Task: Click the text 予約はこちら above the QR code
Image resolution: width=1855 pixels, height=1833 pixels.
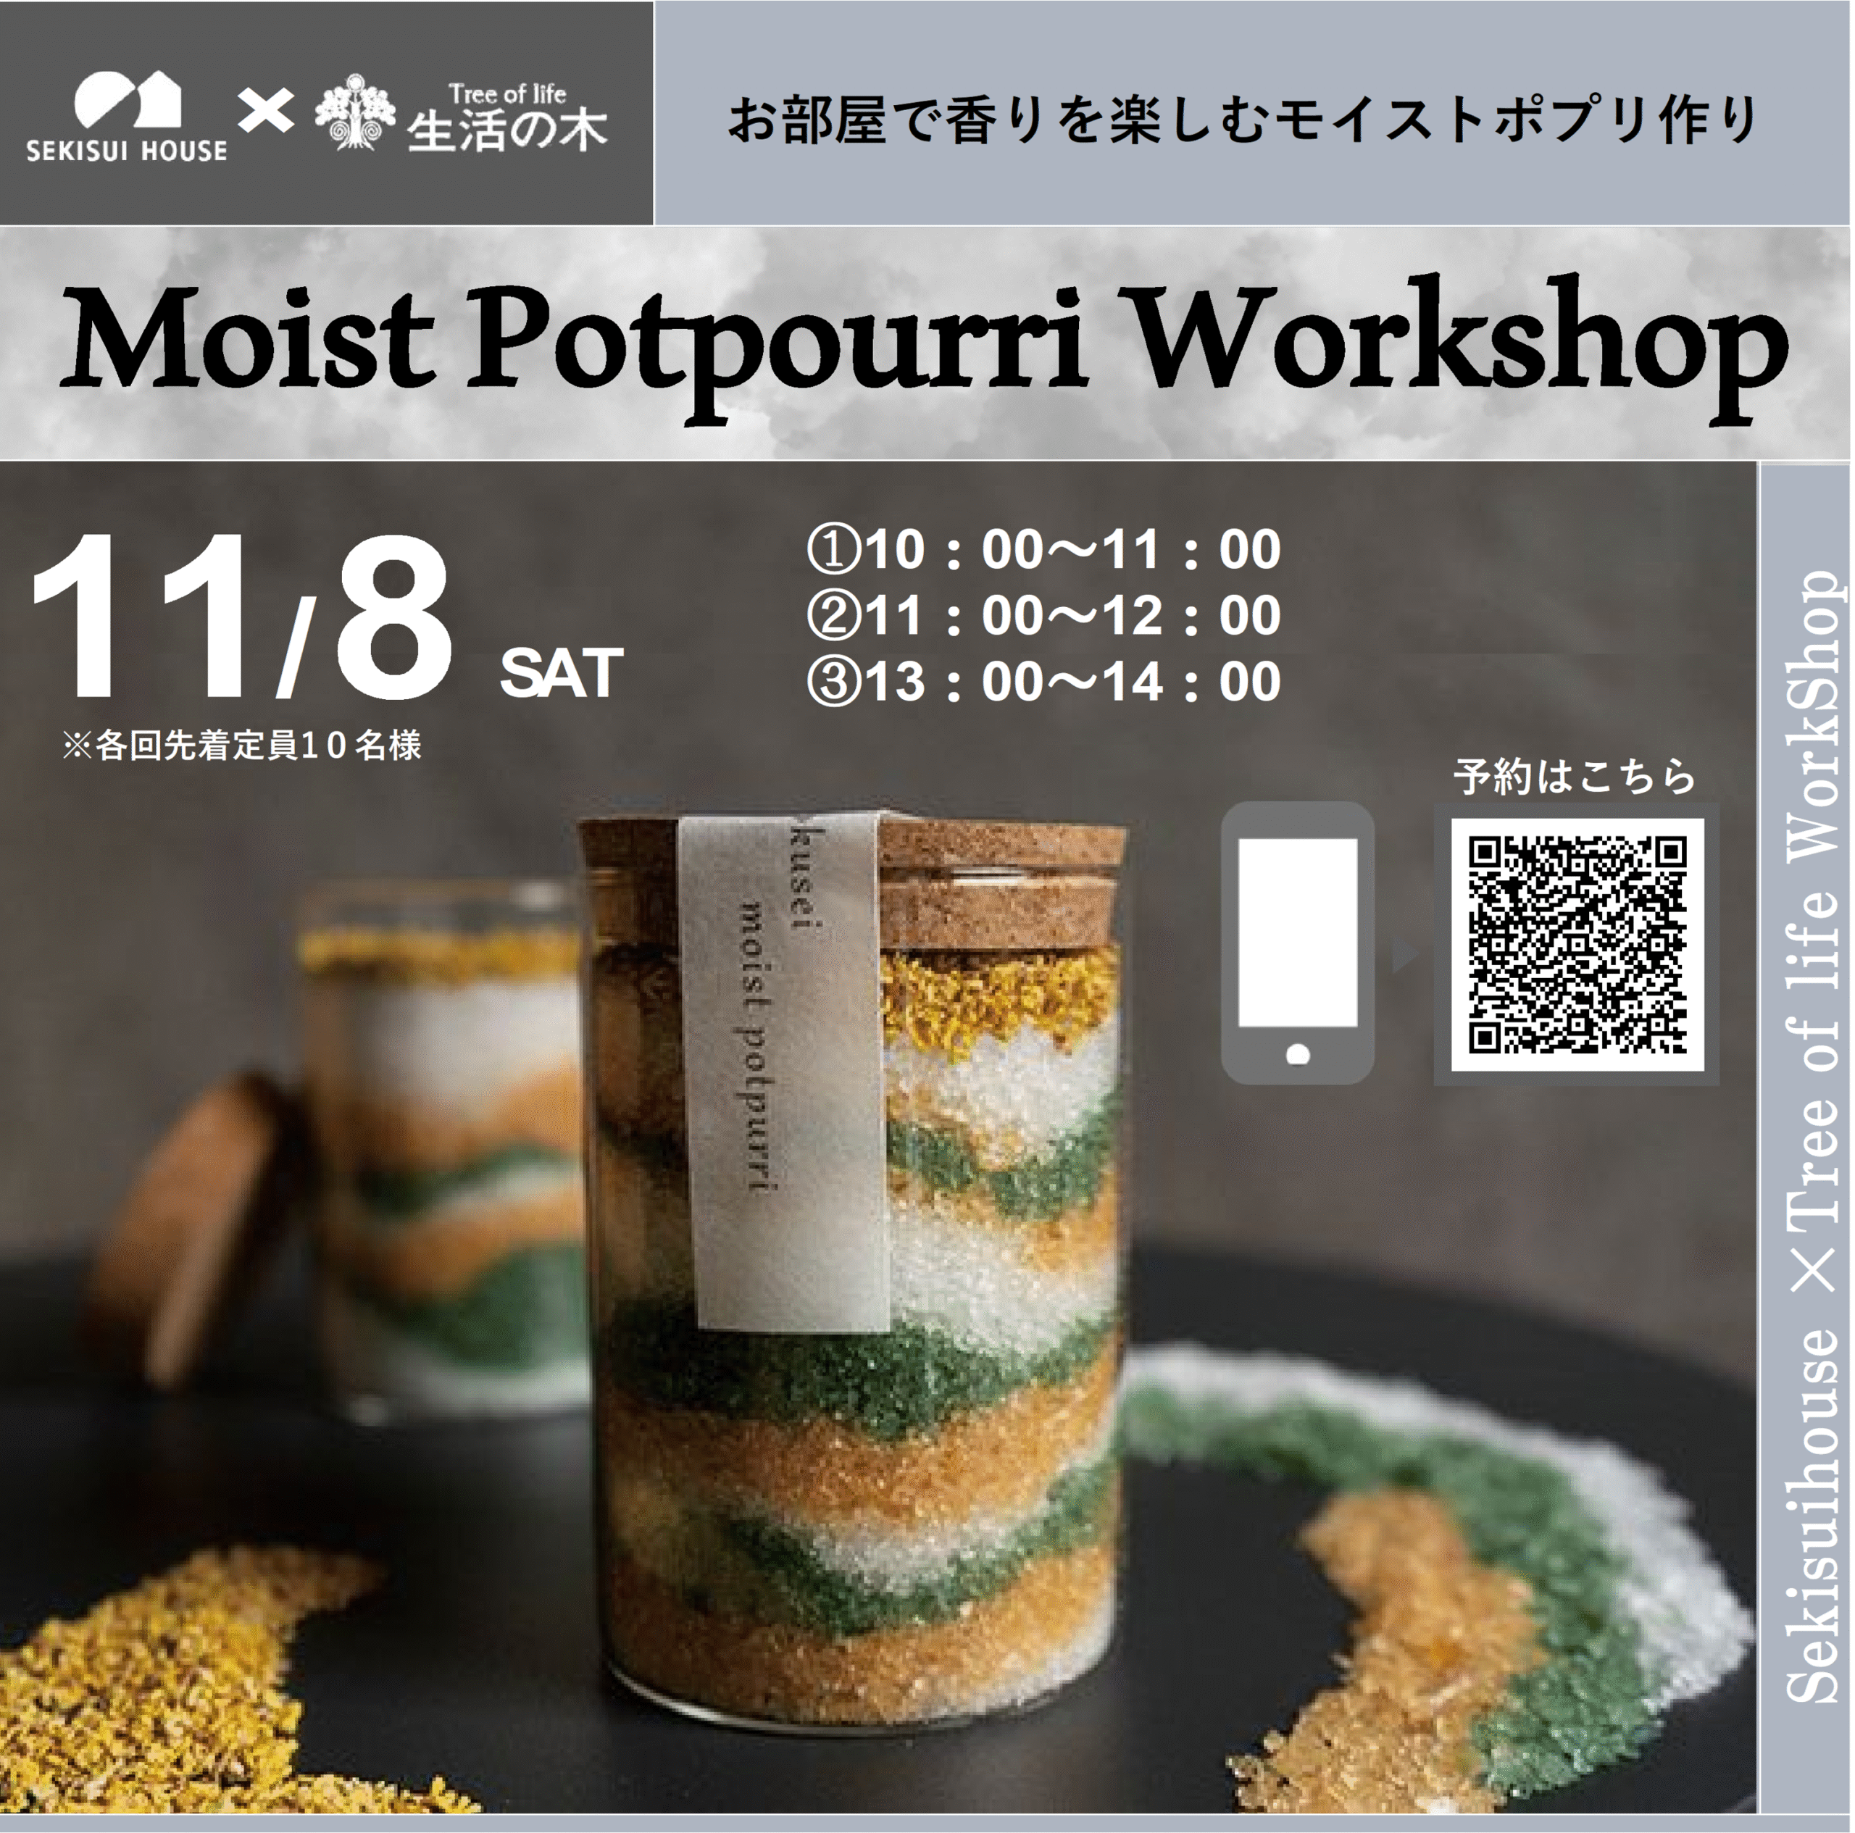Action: [x=1575, y=776]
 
